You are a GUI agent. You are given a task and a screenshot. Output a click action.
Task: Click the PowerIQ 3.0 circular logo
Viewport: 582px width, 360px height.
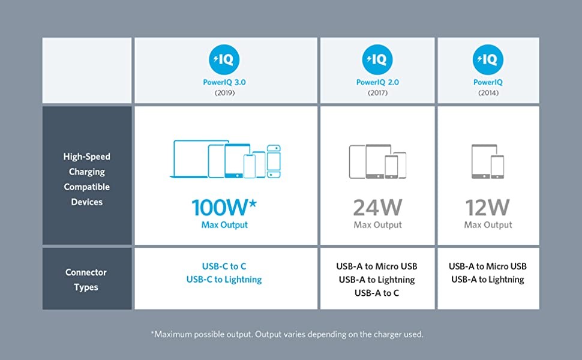tap(224, 59)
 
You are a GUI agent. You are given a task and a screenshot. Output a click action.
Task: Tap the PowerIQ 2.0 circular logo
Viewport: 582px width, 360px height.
tap(377, 59)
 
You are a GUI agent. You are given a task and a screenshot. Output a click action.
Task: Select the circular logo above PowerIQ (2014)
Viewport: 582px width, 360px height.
tap(488, 59)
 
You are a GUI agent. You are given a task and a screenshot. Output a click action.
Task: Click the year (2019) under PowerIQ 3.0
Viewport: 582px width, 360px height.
tap(224, 93)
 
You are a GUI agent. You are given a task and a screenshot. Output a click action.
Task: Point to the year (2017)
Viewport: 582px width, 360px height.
tap(377, 93)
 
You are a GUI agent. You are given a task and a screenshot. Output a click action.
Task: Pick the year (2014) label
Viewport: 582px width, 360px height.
tap(488, 93)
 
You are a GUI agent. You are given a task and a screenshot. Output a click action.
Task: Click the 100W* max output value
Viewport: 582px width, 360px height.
tap(224, 208)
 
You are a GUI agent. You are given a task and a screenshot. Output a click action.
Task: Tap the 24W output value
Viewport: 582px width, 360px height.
tap(377, 208)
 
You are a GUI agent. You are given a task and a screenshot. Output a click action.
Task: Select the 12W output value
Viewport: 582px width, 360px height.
tap(488, 208)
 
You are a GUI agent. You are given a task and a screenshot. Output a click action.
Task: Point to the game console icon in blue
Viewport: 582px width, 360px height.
tap(274, 161)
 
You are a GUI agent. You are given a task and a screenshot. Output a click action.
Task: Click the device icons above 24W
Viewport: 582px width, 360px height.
tap(377, 161)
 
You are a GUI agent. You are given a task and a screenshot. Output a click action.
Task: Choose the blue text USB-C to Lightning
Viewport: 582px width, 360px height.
tap(224, 280)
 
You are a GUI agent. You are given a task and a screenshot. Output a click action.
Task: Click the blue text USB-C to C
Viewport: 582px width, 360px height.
tap(224, 266)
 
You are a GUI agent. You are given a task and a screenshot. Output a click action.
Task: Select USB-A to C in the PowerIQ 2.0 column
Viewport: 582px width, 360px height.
tap(377, 293)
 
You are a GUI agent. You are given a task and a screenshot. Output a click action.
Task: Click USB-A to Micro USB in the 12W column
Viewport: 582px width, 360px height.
tap(488, 266)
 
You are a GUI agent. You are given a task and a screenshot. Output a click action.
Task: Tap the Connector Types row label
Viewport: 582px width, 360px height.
tap(86, 280)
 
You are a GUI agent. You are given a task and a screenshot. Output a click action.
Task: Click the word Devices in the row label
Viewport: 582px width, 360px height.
tap(87, 202)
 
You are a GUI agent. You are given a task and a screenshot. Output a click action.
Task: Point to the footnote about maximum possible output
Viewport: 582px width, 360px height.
tap(287, 334)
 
